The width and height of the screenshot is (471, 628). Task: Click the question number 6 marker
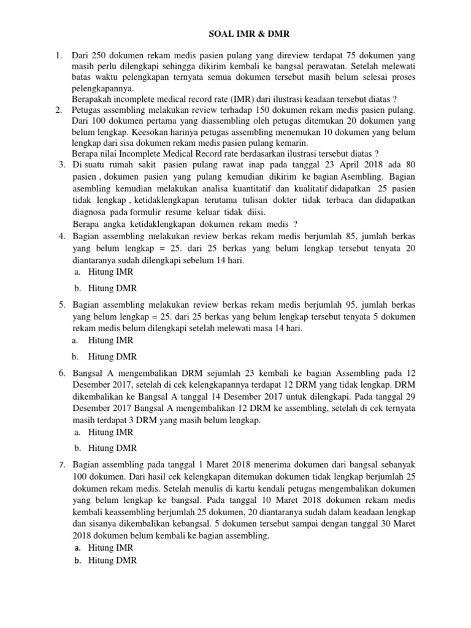tap(62, 373)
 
